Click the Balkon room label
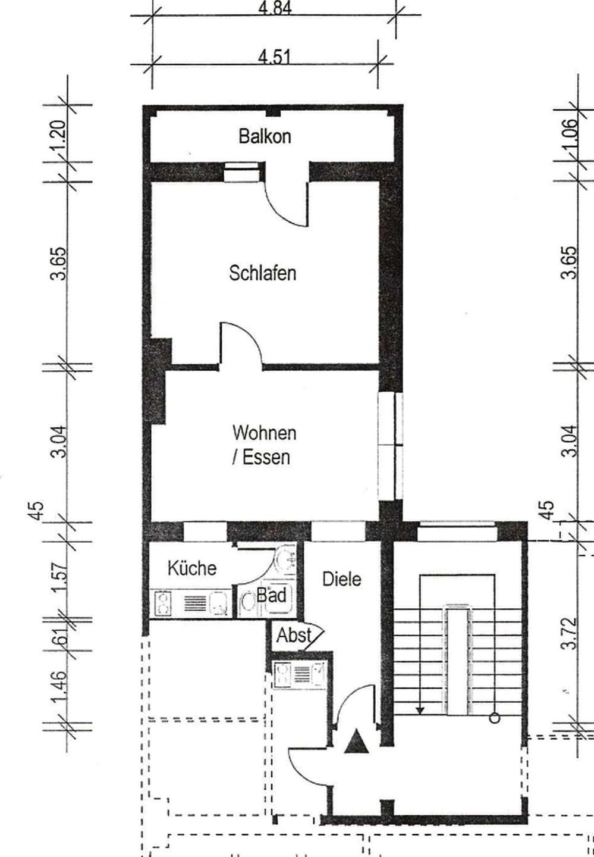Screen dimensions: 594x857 (x=265, y=137)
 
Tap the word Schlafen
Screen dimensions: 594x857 (x=263, y=273)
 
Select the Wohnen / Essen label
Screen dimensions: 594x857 (x=264, y=445)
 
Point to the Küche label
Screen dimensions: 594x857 (x=192, y=568)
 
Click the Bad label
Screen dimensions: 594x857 (x=271, y=595)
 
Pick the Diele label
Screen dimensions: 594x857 (x=342, y=579)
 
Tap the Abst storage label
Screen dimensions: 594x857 (x=294, y=636)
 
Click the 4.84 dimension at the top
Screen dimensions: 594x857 (x=275, y=8)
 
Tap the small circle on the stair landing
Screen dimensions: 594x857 (x=495, y=719)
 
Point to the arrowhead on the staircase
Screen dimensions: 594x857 (x=420, y=711)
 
